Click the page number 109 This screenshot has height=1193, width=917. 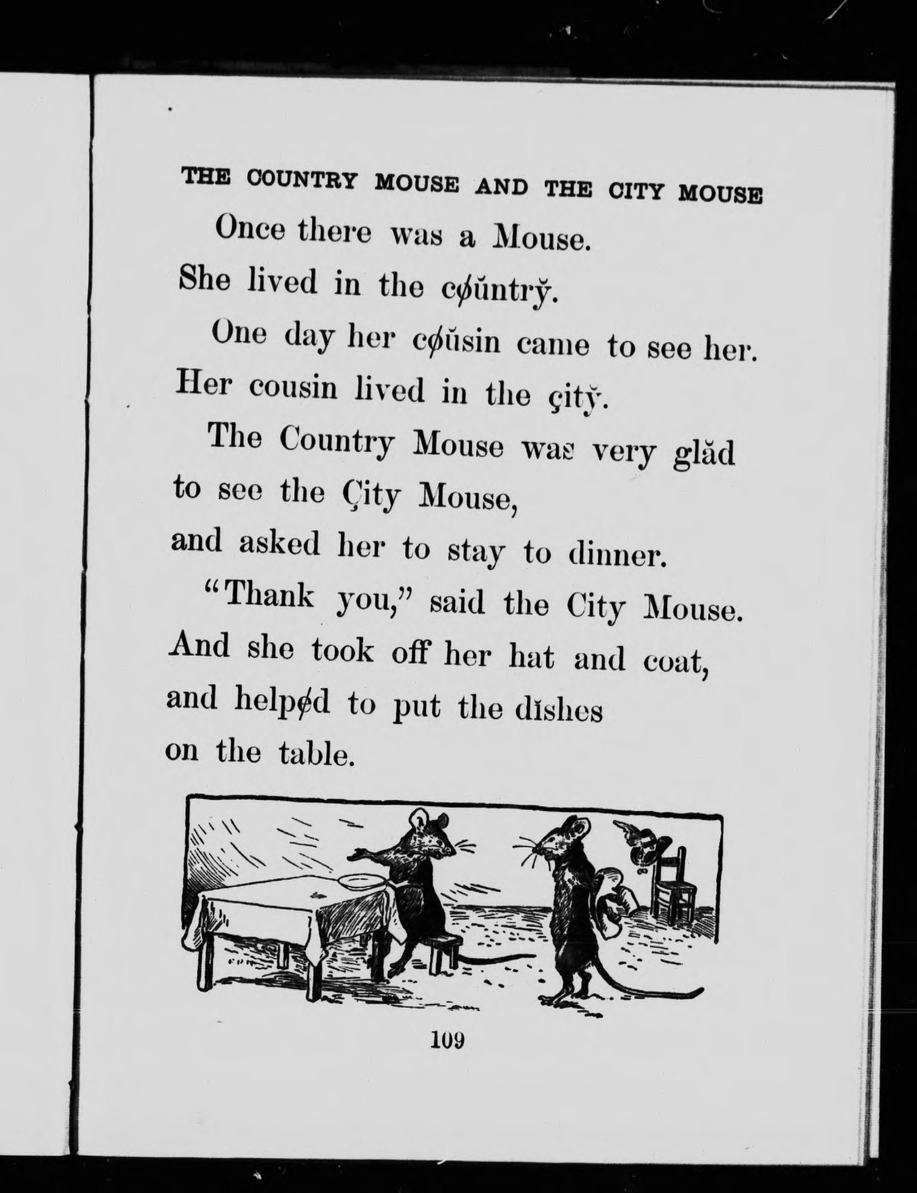pos(449,1039)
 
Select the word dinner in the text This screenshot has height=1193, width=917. pos(616,555)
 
